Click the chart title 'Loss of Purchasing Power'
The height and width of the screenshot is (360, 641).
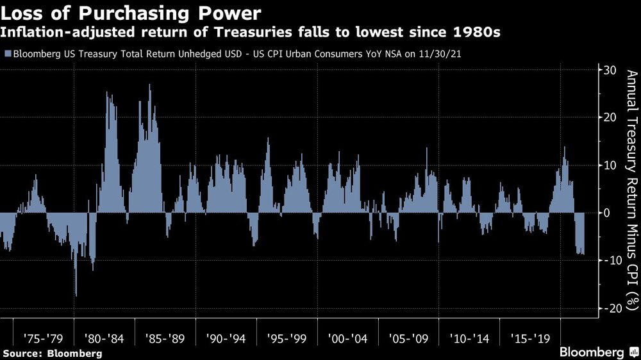pos(131,13)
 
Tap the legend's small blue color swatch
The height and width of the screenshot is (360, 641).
pos(6,54)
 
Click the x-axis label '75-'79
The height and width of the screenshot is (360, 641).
pos(43,336)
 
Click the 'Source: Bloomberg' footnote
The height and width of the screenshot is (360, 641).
pos(52,353)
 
